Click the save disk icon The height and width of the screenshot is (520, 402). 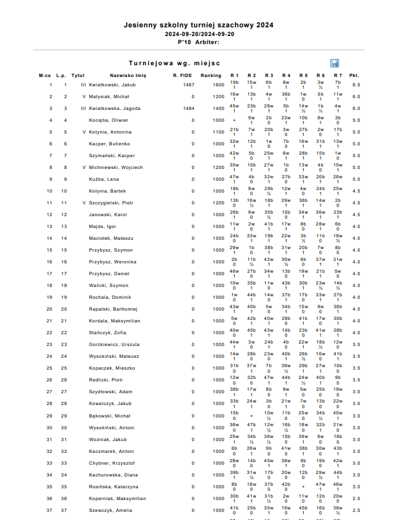(x=335, y=63)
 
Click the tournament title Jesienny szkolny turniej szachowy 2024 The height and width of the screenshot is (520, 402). (x=198, y=25)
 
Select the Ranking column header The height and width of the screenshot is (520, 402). (x=211, y=75)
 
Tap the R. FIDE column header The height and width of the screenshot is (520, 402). (x=183, y=75)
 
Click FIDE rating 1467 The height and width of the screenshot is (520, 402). (x=189, y=85)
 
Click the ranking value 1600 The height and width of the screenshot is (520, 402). (x=218, y=85)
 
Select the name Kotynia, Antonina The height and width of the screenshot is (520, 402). (x=111, y=132)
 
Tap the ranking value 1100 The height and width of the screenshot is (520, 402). (x=218, y=132)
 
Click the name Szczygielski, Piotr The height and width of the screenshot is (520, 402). (x=111, y=203)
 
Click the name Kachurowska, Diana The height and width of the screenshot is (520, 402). (x=113, y=475)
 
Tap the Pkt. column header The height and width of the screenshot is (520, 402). (x=354, y=75)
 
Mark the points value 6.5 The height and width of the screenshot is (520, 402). (x=356, y=85)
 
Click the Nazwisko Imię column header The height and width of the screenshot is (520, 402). (x=128, y=75)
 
